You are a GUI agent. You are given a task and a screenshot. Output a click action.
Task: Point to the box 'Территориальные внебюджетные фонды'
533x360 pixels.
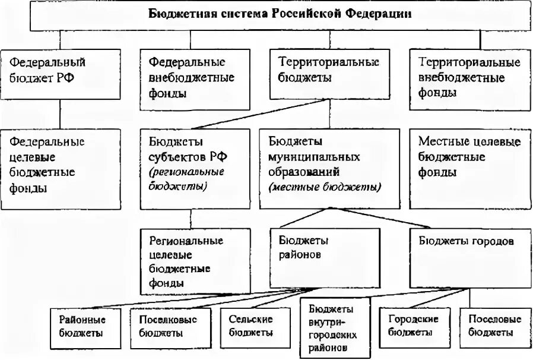pos(469,78)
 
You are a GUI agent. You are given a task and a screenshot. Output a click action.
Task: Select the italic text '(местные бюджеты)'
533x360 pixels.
pos(325,187)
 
